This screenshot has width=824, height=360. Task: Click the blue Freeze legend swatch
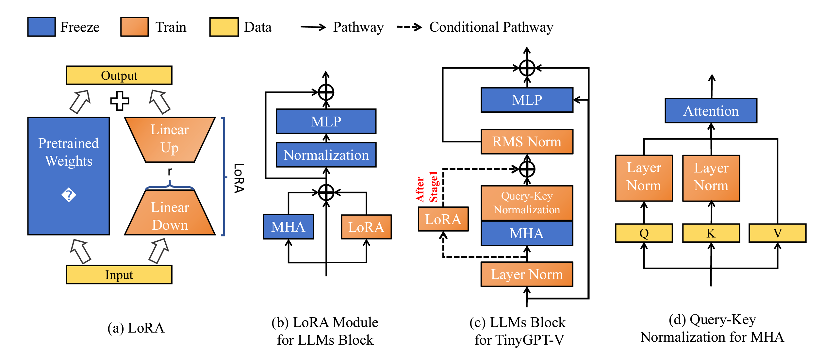point(41,27)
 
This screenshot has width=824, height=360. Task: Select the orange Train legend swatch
point(134,27)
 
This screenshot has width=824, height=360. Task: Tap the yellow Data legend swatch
point(224,27)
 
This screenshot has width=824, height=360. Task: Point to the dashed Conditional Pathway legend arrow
point(409,27)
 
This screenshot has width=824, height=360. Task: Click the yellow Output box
point(119,75)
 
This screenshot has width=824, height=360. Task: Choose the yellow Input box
point(119,274)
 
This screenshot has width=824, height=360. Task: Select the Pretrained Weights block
point(69,176)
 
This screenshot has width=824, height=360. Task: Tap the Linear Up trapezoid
point(170,139)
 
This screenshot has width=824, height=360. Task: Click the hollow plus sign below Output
point(120,101)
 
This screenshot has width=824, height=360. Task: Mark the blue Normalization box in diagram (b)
point(326,155)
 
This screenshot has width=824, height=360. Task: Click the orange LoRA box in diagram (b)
point(366,227)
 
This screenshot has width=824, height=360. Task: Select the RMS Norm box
point(527,141)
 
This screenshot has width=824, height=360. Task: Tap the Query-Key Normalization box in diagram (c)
point(527,203)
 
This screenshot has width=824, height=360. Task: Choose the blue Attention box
point(711,111)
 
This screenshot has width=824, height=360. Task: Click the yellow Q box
point(644,233)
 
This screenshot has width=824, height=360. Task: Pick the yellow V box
point(777,233)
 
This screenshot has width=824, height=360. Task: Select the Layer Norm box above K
point(711,178)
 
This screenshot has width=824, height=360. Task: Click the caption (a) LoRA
point(136,328)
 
